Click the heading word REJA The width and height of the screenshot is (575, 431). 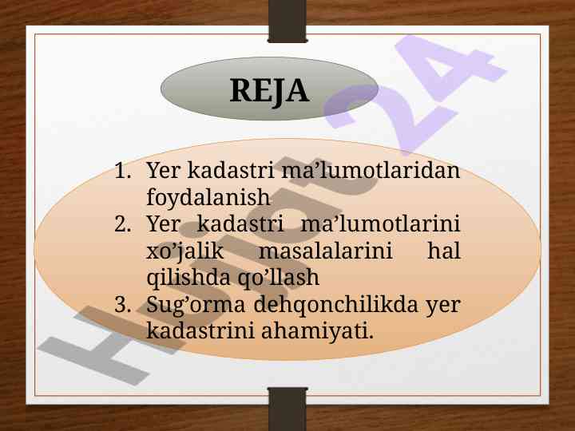(269, 90)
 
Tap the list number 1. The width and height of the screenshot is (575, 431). (122, 171)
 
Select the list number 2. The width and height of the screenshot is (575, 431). (122, 224)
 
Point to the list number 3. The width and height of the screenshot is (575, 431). (122, 305)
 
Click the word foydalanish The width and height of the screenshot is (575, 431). (208, 198)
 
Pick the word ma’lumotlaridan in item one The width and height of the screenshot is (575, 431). (371, 171)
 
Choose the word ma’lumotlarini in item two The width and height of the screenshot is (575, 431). (380, 224)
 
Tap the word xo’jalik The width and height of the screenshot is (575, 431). (184, 251)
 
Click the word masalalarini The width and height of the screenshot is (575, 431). (326, 251)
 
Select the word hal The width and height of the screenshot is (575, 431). (444, 251)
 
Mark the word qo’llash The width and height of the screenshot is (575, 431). (279, 278)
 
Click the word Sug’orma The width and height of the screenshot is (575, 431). (196, 305)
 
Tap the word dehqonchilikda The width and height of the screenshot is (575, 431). (335, 305)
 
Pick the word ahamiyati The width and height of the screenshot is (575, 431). (318, 332)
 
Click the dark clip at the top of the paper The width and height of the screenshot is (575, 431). (287, 22)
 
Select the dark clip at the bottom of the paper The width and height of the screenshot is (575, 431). (287, 409)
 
